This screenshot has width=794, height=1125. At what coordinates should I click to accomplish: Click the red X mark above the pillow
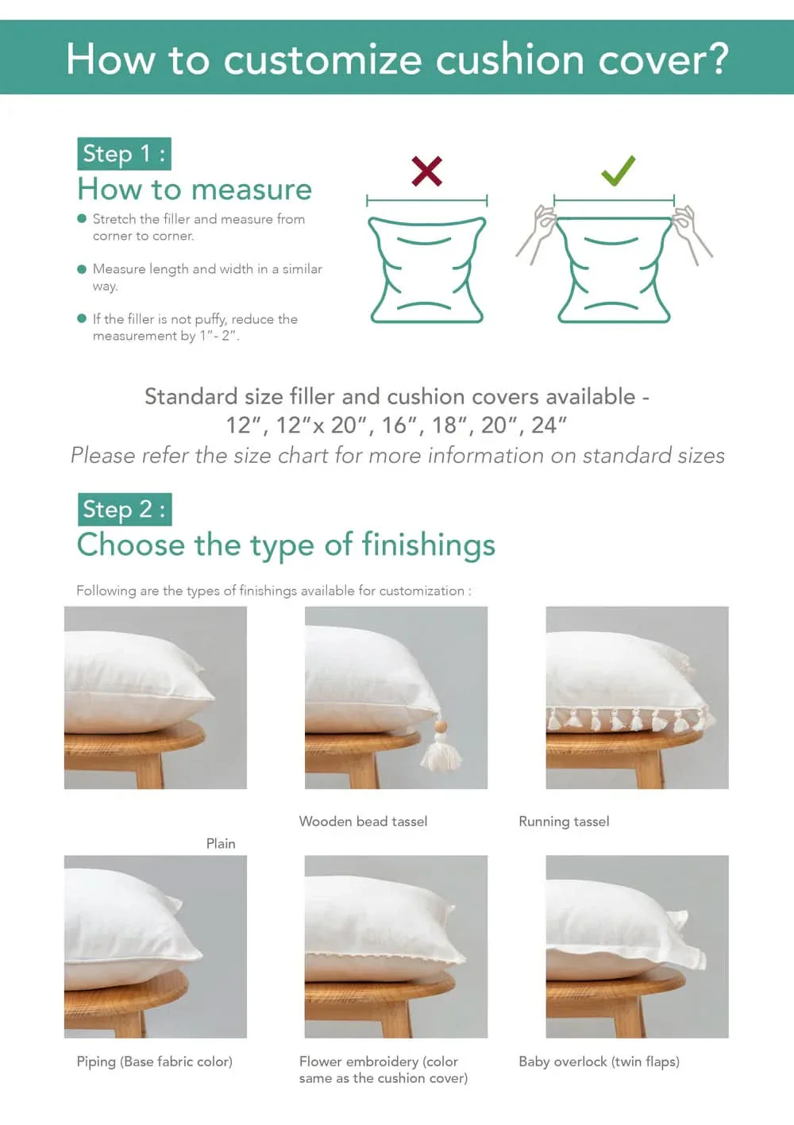point(426,171)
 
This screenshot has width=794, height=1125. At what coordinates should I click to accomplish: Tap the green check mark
point(617,171)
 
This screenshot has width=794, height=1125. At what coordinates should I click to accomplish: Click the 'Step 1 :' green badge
point(124,153)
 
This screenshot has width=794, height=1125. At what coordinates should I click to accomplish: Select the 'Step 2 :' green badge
point(124,509)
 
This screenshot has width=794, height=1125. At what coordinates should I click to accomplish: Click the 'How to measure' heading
point(195,190)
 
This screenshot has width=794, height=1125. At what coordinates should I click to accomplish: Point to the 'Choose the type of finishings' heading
point(286,545)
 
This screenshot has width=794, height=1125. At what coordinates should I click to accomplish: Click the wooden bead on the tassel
point(439,726)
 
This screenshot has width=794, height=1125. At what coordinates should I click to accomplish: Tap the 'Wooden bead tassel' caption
point(363,822)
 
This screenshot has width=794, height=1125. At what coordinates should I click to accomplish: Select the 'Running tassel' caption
point(564,822)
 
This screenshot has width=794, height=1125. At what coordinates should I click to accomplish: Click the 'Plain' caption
point(221,843)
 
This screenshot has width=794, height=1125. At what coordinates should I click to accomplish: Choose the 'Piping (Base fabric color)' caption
point(154,1061)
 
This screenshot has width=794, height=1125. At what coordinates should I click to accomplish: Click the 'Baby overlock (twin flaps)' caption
point(599,1061)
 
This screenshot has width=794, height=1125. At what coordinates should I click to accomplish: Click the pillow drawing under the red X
point(426,270)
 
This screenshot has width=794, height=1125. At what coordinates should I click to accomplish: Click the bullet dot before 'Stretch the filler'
point(82,218)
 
